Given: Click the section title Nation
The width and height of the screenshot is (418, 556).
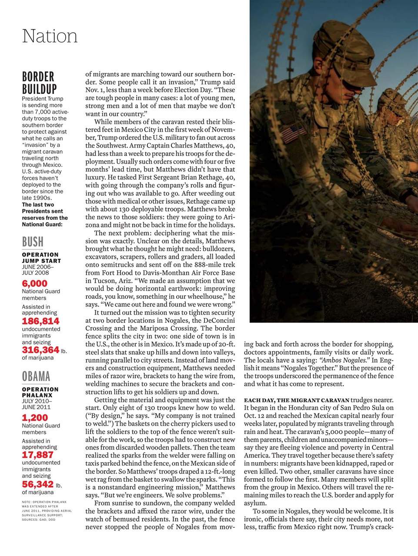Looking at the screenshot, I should pyautogui.click(x=50, y=36).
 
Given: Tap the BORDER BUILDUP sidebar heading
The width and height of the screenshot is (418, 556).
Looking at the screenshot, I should pyautogui.click(x=39, y=83).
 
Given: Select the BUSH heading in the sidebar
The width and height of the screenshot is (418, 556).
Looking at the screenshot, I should pyautogui.click(x=33, y=242).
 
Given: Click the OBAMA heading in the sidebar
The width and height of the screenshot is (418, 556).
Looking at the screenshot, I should pyautogui.click(x=36, y=376).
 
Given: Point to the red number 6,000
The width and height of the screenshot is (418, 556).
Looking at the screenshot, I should pyautogui.click(x=34, y=284).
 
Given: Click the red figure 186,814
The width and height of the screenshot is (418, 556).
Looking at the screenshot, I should pyautogui.click(x=40, y=321).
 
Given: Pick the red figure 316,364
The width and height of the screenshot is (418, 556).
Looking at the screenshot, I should pyautogui.click(x=40, y=350).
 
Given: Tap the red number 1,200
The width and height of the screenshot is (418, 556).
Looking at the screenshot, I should pyautogui.click(x=34, y=418).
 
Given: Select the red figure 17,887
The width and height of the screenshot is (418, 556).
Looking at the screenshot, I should pyautogui.click(x=37, y=455).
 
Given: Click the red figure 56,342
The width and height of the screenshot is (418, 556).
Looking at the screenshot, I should pyautogui.click(x=37, y=484).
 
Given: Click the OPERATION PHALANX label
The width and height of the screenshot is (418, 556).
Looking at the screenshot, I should pyautogui.click(x=40, y=392).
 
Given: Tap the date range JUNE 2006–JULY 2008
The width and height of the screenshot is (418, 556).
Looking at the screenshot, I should pyautogui.click(x=38, y=270).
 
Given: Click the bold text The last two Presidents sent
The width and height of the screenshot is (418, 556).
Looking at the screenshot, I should pyautogui.click(x=44, y=211).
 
